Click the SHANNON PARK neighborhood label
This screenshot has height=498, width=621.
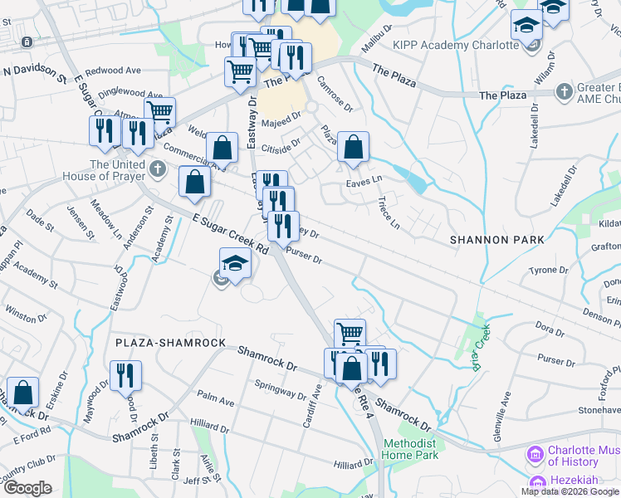pos(496,240)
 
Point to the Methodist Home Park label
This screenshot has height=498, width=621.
pos(411,449)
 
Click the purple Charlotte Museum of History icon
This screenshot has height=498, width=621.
pos(535,456)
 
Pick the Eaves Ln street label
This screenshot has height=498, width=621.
pos(364,179)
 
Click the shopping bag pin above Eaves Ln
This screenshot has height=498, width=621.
pos(354,148)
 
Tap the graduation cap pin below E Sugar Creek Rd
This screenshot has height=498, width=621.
pos(235,265)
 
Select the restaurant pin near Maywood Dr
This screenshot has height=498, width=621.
pos(125,375)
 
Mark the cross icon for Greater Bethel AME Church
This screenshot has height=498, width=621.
pos(565,90)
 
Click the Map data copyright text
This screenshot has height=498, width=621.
pos(570,491)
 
